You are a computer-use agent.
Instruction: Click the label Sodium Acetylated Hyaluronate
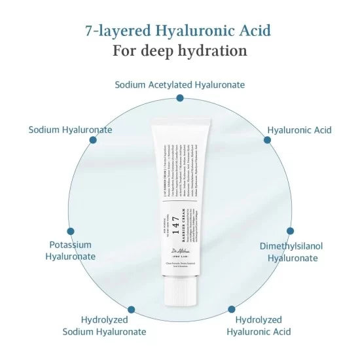pos(180,84)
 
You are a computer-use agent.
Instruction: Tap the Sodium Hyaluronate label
pos(70,130)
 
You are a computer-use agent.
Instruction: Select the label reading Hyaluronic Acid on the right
pos(299,130)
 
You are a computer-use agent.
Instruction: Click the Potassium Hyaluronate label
pos(70,250)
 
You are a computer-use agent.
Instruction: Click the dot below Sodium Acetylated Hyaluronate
pos(180,98)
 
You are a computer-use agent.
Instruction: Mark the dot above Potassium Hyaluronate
pos(71,231)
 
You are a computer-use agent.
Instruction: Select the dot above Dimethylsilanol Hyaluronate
pos(290,231)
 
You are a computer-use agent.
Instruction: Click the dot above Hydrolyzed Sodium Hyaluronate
pos(131,309)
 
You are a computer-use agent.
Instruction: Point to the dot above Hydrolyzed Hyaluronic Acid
pos(231,309)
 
